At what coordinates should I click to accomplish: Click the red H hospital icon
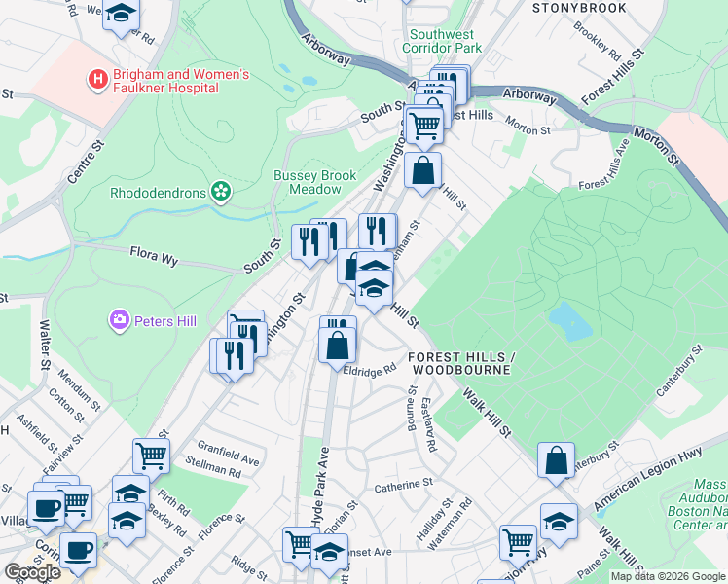click(x=97, y=79)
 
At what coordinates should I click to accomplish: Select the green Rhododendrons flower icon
click(x=222, y=192)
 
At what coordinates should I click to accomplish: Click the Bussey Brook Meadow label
click(x=312, y=182)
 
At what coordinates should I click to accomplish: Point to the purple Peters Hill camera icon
click(x=120, y=318)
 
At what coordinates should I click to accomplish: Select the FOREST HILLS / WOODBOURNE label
click(x=459, y=364)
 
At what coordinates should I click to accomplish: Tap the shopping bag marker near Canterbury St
click(x=555, y=461)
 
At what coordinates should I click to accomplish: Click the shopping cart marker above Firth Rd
click(x=151, y=454)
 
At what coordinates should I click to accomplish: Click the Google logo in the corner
click(x=32, y=573)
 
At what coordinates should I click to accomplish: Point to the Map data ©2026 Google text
click(x=667, y=576)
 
